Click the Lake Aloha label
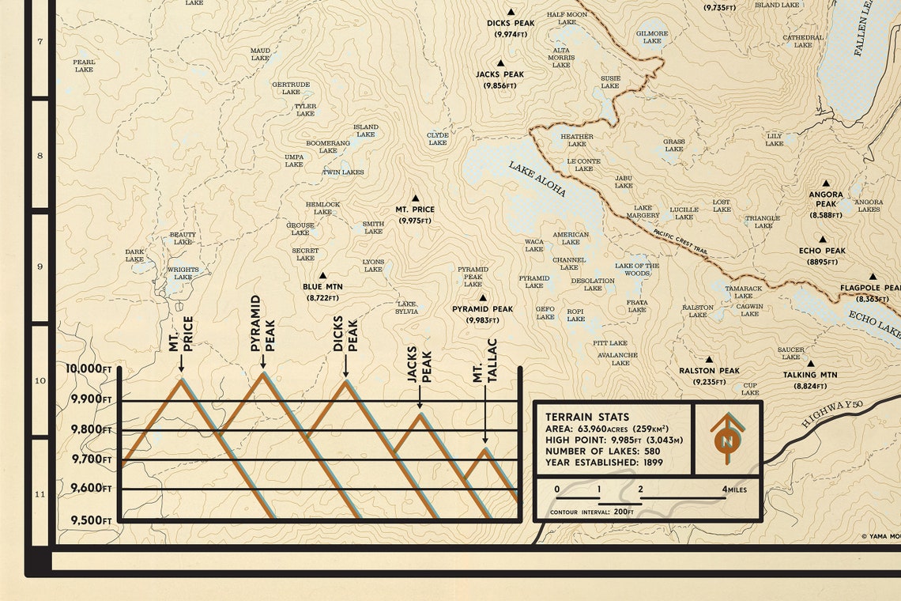tap(537, 180)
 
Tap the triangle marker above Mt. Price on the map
tap(415, 198)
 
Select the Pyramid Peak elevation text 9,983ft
tap(482, 320)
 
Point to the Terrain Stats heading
tap(587, 417)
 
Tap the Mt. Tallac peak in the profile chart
tap(484, 450)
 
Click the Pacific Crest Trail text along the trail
tap(680, 240)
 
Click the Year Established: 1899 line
tap(604, 462)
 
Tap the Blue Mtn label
tap(322, 287)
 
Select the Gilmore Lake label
tap(652, 37)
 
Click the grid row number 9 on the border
tap(40, 266)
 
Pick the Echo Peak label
tap(822, 251)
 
